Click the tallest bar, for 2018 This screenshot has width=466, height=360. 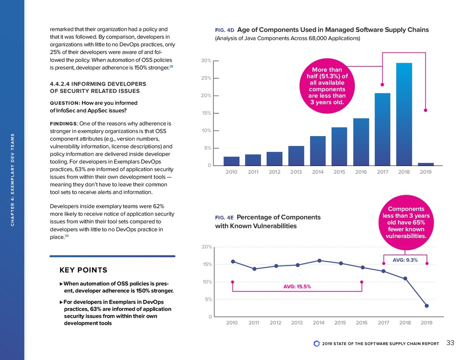pos(404,114)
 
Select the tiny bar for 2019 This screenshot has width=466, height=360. pos(425,164)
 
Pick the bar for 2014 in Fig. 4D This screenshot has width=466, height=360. pos(318,151)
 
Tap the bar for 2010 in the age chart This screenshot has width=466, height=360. pos(231,161)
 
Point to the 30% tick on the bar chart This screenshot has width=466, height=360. pos(206,61)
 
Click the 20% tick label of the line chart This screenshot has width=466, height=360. pos(207,247)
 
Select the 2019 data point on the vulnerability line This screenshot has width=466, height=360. pos(426,306)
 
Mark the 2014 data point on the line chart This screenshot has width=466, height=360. pos(319,260)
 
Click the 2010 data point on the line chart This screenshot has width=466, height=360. pos(233,261)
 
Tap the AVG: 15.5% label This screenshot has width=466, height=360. pos(297,287)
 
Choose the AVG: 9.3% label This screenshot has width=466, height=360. pos(405,260)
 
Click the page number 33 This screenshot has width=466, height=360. pos(451,343)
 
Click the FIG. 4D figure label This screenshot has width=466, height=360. pos(224,30)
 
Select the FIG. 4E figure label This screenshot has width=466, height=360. pos(224,218)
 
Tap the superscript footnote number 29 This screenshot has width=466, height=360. pos(171,67)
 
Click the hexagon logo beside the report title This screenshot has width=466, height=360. pos(317,343)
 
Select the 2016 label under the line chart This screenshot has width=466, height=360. pos(361,323)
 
